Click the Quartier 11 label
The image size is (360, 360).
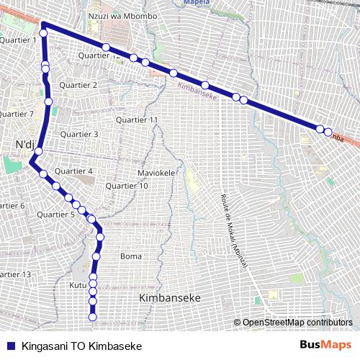138,120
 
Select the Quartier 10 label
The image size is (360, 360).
127,186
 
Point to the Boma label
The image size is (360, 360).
131,256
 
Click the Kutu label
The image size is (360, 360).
77,286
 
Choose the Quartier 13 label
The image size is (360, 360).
14,274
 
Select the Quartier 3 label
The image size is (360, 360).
79,134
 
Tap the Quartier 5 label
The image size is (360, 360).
55,215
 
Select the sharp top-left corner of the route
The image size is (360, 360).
43,24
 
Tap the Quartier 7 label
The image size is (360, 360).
16,114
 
